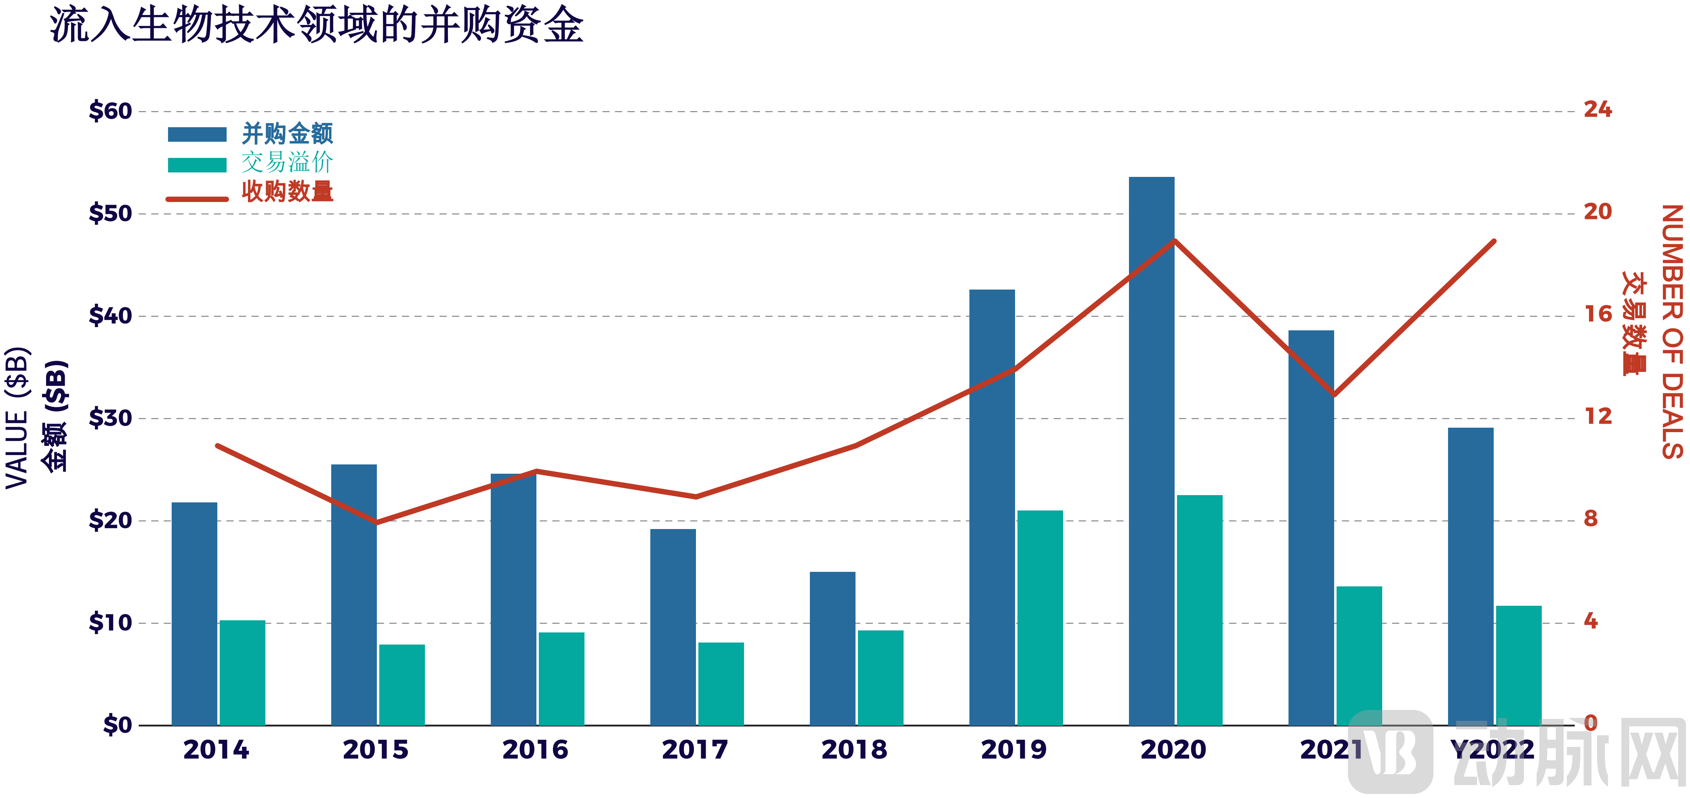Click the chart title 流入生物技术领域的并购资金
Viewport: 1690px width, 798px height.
point(317,26)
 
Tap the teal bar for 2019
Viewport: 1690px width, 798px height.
point(1040,617)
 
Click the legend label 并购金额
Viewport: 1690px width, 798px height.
point(287,134)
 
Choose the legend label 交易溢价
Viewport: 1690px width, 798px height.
point(287,163)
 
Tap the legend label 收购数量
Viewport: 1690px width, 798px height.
point(287,191)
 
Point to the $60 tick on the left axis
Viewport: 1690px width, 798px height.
point(110,111)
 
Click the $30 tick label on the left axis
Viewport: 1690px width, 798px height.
point(110,418)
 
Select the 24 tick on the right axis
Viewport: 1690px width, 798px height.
point(1598,109)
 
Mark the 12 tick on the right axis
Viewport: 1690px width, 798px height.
point(1598,416)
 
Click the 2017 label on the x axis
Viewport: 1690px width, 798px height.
point(695,750)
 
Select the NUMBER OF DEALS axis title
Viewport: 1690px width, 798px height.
point(1672,331)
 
